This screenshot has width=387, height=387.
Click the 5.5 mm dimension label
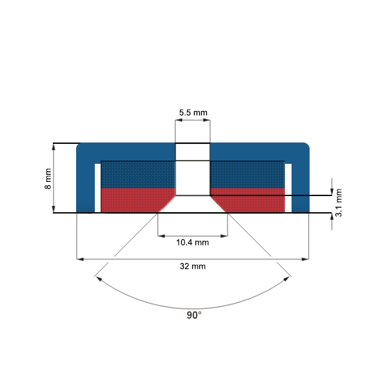pos(193,113)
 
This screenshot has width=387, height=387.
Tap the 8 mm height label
pos(48,179)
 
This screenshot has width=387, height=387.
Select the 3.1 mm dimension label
pos(339,203)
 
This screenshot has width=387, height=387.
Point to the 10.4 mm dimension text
pos(192,243)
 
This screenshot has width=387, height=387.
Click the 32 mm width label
pos(193,266)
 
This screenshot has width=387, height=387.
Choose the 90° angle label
pos(194,315)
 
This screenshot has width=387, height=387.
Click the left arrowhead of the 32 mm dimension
pos(80,259)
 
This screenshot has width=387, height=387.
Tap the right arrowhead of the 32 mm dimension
pos(305,259)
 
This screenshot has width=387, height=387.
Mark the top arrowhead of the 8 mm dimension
pos(54,146)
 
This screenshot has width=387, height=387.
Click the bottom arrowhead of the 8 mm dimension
pos(54,209)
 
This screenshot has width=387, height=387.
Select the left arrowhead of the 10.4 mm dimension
pos(161,236)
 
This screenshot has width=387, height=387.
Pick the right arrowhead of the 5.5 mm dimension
pos(207,120)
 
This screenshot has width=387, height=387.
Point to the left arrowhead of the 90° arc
pos(99,279)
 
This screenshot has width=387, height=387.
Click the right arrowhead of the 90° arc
pos(287,279)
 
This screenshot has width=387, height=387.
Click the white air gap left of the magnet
pos(98,188)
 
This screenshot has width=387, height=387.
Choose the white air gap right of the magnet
pos(288,188)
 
